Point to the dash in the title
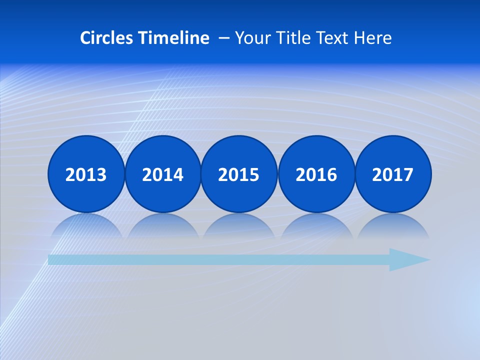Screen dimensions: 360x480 (x=224, y=38)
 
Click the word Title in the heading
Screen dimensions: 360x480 (x=289, y=38)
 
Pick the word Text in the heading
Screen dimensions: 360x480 (x=332, y=38)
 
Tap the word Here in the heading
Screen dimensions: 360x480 (x=373, y=38)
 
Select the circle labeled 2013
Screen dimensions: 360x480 (x=86, y=174)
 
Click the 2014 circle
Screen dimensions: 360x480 (x=163, y=174)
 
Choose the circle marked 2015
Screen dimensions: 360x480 (x=239, y=174)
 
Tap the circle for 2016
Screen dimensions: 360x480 (x=316, y=174)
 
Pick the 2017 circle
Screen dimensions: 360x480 (x=393, y=174)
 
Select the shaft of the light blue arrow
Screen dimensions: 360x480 (x=215, y=259)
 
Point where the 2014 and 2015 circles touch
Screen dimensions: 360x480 (x=201, y=174)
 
